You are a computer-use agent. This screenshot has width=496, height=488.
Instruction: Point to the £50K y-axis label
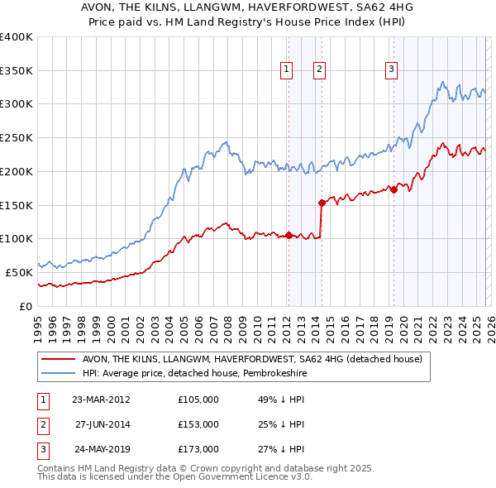(19, 272)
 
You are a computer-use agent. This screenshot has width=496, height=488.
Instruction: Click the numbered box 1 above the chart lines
(286, 70)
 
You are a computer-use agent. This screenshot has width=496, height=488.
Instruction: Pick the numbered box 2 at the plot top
(318, 70)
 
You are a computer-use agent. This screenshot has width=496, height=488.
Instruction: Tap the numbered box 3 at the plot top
(391, 70)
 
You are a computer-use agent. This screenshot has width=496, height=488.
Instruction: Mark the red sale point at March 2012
(289, 235)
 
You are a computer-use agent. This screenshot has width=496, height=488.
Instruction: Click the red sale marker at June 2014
(322, 202)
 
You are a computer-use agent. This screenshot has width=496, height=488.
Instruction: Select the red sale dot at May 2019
(393, 189)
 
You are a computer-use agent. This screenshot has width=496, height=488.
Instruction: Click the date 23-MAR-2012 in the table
(101, 399)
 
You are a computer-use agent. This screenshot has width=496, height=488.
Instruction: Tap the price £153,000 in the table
(198, 424)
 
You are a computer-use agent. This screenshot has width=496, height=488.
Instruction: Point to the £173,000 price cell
(198, 450)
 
